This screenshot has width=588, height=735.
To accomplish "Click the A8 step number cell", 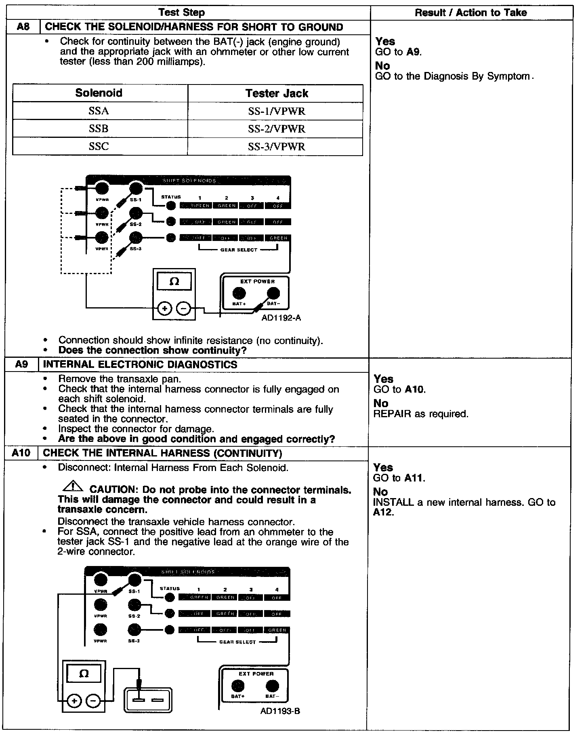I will (23, 27).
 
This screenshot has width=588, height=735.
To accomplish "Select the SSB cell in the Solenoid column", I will (99, 129).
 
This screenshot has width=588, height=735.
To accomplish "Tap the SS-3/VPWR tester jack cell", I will (277, 146).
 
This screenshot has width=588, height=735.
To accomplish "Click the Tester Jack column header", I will (277, 93).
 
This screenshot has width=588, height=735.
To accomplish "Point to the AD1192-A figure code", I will (281, 317).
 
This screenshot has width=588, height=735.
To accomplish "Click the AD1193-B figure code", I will (280, 711).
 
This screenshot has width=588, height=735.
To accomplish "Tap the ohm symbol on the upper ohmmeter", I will (174, 281).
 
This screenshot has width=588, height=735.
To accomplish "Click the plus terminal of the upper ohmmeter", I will (164, 309).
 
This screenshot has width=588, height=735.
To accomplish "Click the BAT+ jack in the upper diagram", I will (239, 293).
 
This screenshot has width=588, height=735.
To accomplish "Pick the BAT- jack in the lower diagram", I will (272, 686).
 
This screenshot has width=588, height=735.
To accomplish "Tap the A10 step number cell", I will (21, 453).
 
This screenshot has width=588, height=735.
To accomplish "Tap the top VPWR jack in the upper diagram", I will (102, 188).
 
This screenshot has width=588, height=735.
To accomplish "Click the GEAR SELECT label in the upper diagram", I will (238, 250).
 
